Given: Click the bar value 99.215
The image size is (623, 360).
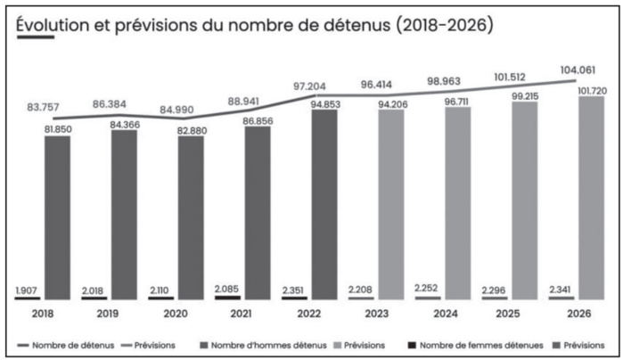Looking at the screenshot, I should pyautogui.click(x=524, y=94).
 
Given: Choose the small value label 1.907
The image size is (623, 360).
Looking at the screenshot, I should pyautogui.click(x=28, y=290).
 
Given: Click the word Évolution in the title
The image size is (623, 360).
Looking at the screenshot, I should pyautogui.click(x=53, y=24).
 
